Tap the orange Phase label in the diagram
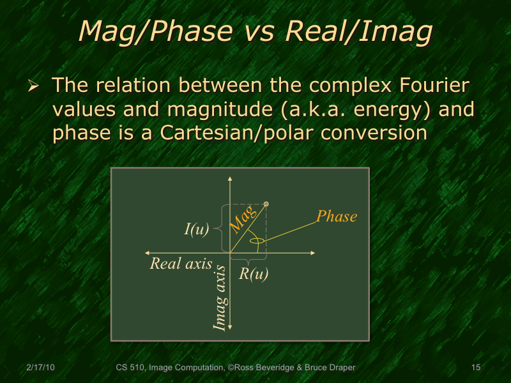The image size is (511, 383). [x=337, y=216]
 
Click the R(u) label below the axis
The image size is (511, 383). [x=254, y=274]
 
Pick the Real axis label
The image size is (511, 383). [x=181, y=263]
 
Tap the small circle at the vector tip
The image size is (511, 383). [x=266, y=204]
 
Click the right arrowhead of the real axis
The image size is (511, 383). [x=313, y=253]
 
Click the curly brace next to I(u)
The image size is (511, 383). [x=217, y=228]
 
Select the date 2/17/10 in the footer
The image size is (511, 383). [x=40, y=368]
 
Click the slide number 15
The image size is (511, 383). [x=475, y=368]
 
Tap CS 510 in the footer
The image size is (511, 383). [x=131, y=368]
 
